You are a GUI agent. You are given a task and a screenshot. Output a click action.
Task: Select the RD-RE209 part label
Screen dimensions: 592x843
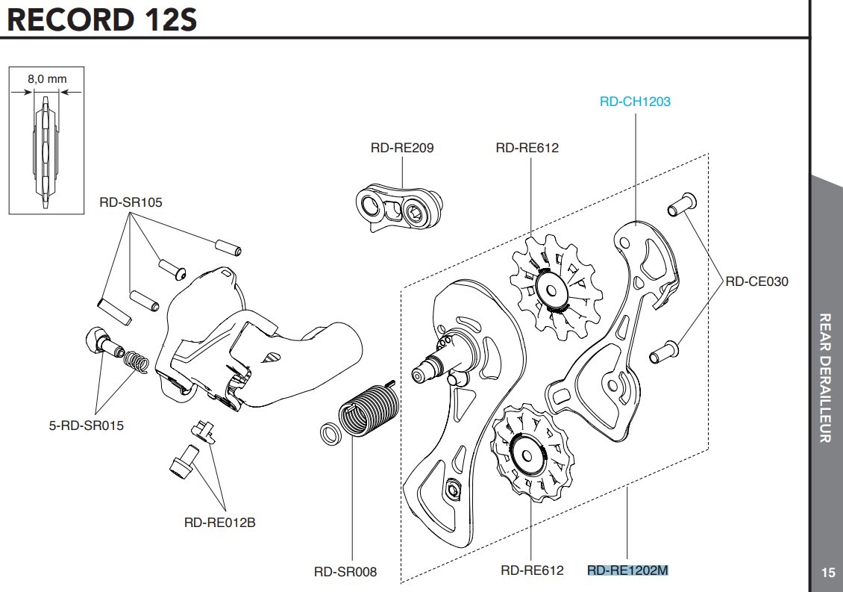(401, 148)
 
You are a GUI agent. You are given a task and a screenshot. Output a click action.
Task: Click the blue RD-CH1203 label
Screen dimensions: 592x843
(635, 102)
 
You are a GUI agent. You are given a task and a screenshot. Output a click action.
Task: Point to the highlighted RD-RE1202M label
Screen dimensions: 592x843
(627, 570)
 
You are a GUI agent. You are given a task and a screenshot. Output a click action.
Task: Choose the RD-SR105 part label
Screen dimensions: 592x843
(131, 202)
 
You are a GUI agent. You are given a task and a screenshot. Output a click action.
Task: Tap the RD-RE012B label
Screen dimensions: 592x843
(219, 523)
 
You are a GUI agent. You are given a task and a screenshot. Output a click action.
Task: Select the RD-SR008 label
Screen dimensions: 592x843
(345, 572)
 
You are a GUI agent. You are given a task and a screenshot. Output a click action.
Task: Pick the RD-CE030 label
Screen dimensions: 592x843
(756, 281)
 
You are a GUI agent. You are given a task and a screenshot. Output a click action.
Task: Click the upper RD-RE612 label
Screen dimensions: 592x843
(527, 148)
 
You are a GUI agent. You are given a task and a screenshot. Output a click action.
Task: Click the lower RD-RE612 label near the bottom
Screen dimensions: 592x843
(532, 570)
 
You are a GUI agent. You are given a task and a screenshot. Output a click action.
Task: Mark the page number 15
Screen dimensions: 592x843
(828, 573)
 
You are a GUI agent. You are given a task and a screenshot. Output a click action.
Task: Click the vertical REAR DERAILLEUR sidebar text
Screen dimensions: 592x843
(825, 377)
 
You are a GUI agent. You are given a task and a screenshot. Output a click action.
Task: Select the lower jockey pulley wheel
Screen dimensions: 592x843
(527, 452)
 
